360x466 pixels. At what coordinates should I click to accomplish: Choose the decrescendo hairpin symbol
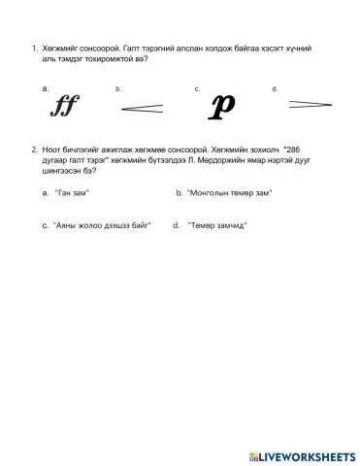point(304,104)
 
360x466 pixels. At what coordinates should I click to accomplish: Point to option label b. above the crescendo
point(118,88)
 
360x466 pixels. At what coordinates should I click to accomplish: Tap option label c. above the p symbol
point(197,88)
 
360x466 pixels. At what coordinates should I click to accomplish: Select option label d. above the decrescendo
point(276,88)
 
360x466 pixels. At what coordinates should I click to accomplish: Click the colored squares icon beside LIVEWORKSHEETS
point(253,454)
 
